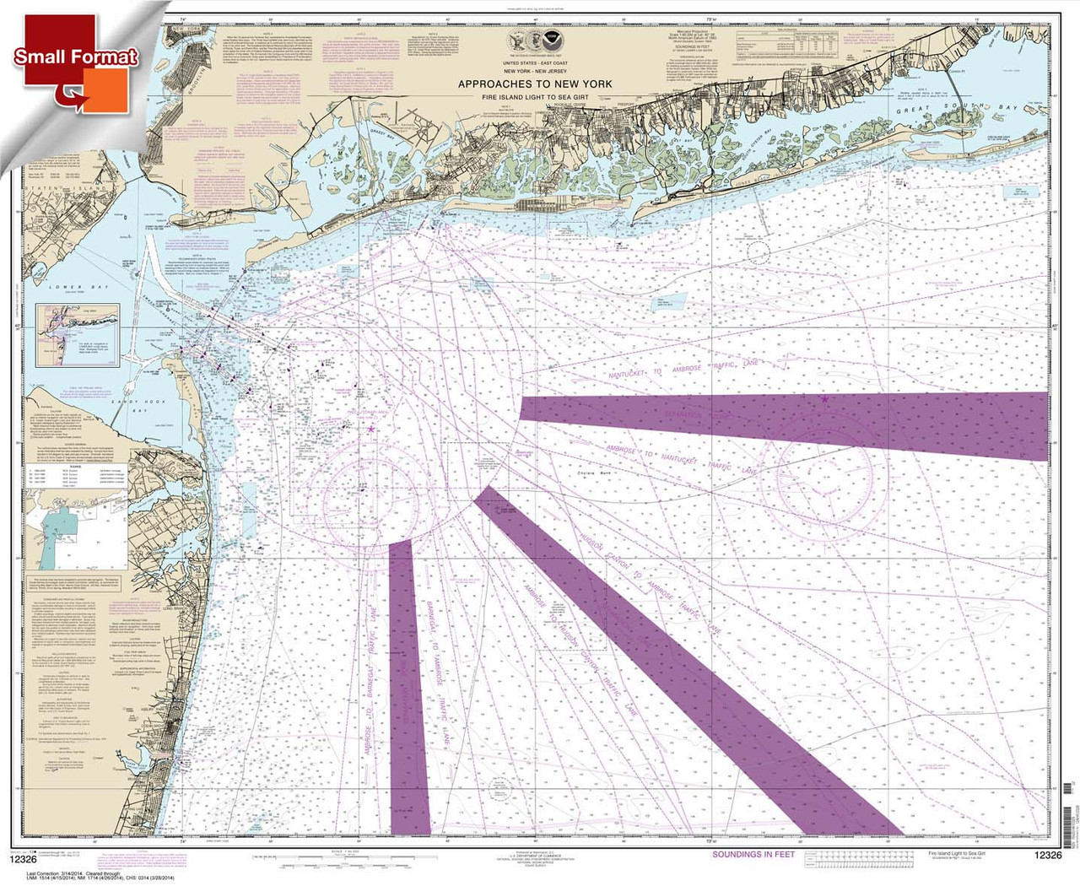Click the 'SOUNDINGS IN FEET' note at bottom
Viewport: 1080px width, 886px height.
(x=753, y=854)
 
